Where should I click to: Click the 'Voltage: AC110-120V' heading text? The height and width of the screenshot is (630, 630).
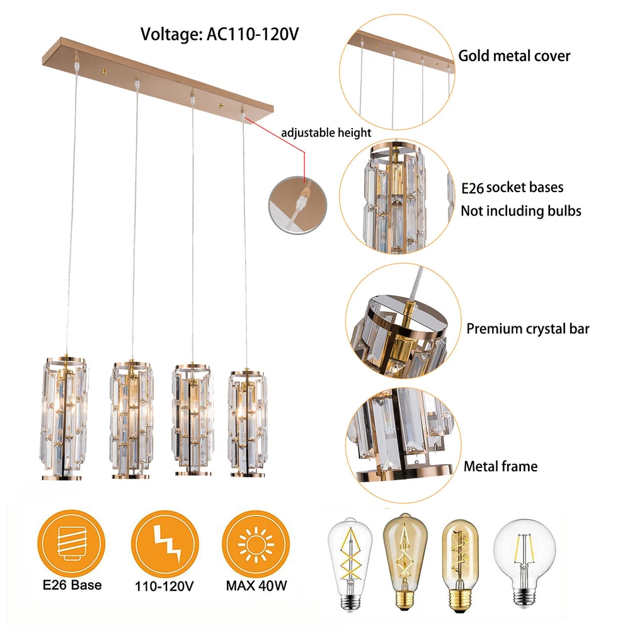point(219,34)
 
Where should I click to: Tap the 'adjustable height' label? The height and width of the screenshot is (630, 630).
point(326,132)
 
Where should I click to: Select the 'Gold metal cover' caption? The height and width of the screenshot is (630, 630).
point(514,56)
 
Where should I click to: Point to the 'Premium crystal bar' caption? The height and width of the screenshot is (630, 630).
point(527,329)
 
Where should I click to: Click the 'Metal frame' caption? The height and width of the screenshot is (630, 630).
point(501,466)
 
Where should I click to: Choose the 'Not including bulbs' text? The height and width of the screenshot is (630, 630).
point(521,211)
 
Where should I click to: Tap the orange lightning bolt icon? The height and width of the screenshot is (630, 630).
point(164,544)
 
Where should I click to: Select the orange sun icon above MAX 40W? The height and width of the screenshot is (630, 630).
point(256,544)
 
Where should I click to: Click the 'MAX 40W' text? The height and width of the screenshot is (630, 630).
point(256,585)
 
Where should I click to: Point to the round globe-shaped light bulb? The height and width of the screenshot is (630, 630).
point(524,563)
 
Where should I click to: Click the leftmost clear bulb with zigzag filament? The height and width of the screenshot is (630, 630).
point(350,564)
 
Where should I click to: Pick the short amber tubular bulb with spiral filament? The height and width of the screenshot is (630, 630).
point(460,566)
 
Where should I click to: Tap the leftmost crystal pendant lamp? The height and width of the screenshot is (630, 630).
point(64,418)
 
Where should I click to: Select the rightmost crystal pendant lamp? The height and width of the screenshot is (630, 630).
point(248,422)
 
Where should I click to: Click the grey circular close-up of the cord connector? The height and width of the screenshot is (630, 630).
point(298,205)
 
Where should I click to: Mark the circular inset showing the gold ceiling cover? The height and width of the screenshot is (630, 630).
point(398,72)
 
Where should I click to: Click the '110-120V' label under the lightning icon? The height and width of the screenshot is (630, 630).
point(164,586)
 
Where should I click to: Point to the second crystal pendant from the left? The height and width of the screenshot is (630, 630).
point(132,420)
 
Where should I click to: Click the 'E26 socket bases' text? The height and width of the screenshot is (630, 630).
point(512,188)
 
